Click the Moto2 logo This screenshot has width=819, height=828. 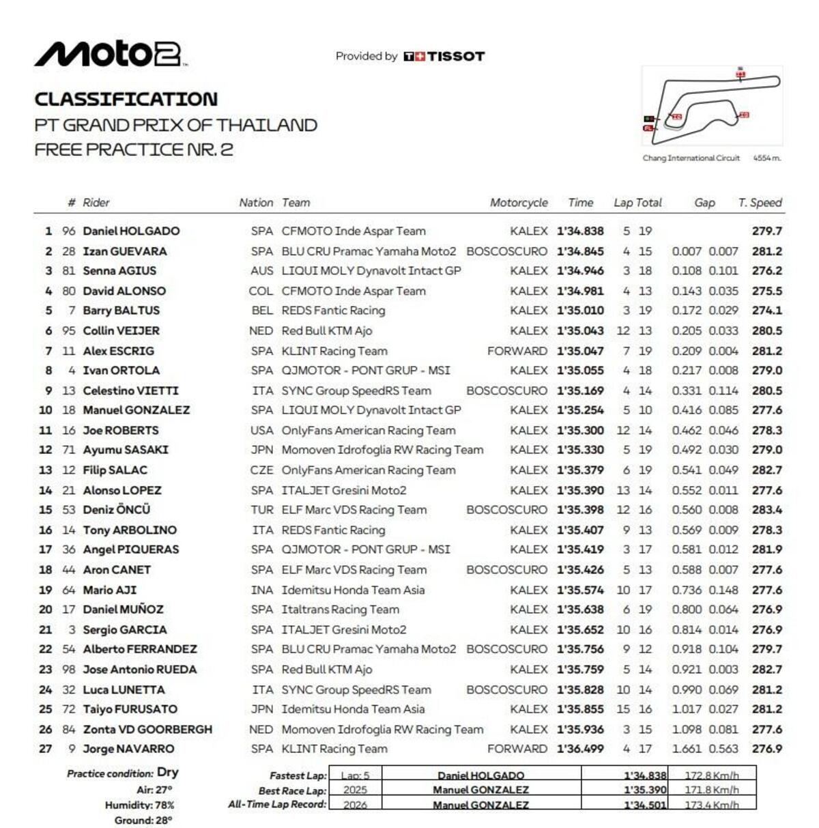pyautogui.click(x=109, y=54)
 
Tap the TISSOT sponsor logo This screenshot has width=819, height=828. pyautogui.click(x=444, y=57)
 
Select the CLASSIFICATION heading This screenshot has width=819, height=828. pyautogui.click(x=126, y=100)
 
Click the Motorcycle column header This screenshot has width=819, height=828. pyautogui.click(x=519, y=203)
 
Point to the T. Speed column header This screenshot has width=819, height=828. pyautogui.click(x=760, y=203)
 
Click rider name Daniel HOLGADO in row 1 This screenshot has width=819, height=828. pyautogui.click(x=131, y=231)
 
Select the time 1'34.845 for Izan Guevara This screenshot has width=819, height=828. pyautogui.click(x=580, y=251)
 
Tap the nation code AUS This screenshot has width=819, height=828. pyautogui.click(x=261, y=271)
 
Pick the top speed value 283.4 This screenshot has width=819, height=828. pyautogui.click(x=767, y=510)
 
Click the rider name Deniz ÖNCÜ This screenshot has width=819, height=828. pyautogui.click(x=117, y=510)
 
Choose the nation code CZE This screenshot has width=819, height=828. pyautogui.click(x=261, y=470)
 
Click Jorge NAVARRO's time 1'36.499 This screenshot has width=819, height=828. pyautogui.click(x=580, y=749)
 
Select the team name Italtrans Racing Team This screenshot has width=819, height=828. pyautogui.click(x=341, y=610)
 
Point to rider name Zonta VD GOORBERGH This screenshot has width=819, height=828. pyautogui.click(x=147, y=729)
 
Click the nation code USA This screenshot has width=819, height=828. pyautogui.click(x=261, y=431)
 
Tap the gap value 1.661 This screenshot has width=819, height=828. pyautogui.click(x=687, y=749)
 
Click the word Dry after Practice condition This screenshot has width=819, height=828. pyautogui.click(x=168, y=772)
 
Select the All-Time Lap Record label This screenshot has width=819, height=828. pyautogui.click(x=277, y=805)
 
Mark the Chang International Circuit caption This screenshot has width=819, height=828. pyautogui.click(x=691, y=158)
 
